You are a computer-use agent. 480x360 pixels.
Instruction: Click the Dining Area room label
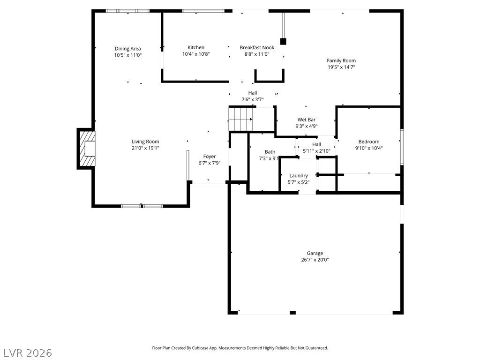(128, 49)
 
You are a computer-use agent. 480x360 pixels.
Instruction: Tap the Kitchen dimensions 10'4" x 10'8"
(196, 54)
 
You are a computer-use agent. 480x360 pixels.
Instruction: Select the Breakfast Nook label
(257, 47)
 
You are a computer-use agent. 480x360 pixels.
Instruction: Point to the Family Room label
(341, 60)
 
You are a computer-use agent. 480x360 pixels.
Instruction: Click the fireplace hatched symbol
(87, 149)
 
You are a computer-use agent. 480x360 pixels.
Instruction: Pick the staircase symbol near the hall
(240, 119)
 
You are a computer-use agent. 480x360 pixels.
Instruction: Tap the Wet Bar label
(306, 120)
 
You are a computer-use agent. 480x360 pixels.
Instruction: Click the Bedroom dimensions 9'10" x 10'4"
(369, 148)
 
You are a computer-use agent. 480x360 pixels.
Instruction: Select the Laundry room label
(299, 175)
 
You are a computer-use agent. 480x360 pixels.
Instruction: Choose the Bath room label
(270, 151)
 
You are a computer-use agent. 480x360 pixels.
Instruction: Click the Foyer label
(209, 157)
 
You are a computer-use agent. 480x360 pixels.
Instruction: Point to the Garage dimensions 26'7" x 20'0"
(315, 260)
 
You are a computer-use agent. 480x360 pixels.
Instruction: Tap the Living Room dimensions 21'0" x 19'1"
(145, 148)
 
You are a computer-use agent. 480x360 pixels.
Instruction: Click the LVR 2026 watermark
(28, 352)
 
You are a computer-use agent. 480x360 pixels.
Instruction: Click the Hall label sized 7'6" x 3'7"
(253, 93)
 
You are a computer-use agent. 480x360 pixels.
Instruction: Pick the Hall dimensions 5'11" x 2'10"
(316, 151)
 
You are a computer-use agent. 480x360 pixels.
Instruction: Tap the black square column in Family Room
(283, 41)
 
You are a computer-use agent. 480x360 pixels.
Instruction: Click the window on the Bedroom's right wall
(402, 146)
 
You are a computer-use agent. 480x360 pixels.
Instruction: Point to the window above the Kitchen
(203, 10)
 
